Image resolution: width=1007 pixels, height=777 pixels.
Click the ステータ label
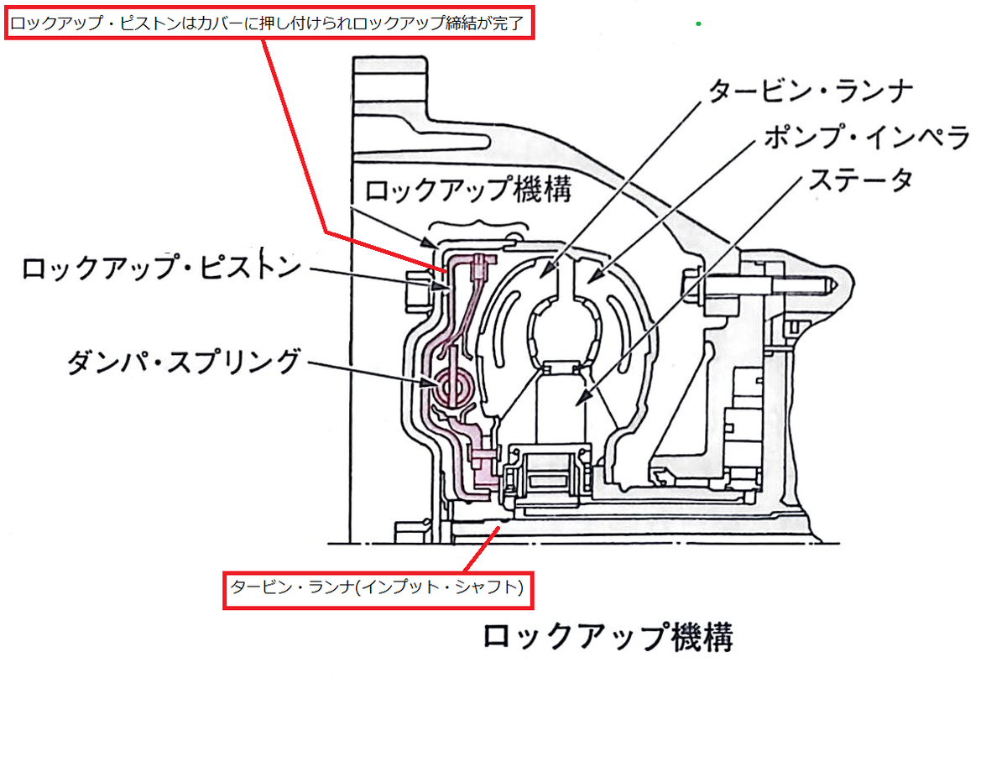pos(860,180)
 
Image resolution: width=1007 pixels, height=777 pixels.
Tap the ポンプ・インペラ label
pos(866,137)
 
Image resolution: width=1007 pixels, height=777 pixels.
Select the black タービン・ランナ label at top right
pos(811,91)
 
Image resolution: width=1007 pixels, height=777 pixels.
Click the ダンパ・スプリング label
pos(184,361)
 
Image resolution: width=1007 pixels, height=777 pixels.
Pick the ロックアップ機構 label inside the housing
pos(468,189)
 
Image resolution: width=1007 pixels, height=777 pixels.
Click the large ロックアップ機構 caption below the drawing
pos(608,638)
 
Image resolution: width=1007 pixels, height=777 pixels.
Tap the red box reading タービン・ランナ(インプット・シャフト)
pos(378,590)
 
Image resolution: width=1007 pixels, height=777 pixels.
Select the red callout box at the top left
pos(269,23)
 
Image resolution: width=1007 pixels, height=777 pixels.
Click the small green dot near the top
pos(698,23)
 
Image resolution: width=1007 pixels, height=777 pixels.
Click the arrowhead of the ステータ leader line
pos(584,399)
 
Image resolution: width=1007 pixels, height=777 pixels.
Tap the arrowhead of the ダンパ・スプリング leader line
pos(430,383)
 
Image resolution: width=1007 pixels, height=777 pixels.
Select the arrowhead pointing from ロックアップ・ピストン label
pos(441,287)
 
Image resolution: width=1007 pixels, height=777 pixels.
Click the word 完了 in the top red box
pos(508,23)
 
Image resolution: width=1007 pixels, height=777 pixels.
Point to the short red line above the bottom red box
pos(482,549)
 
